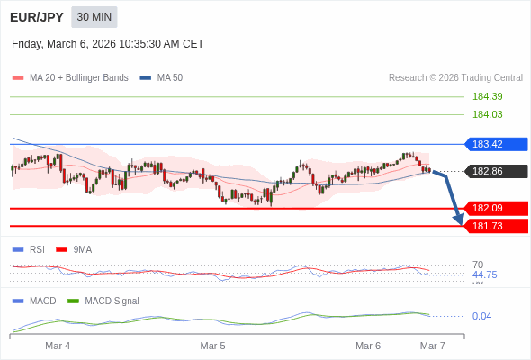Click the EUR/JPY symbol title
(36, 17)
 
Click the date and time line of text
(108, 44)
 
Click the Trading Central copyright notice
(455, 78)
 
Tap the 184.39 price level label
(487, 96)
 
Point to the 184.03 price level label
(487, 114)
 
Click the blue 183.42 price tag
(496, 144)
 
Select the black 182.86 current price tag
(496, 171)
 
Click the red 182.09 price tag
(496, 208)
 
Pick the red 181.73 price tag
(496, 226)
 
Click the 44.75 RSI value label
(484, 274)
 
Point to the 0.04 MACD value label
(481, 316)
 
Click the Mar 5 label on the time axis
(212, 346)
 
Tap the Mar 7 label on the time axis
(432, 346)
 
